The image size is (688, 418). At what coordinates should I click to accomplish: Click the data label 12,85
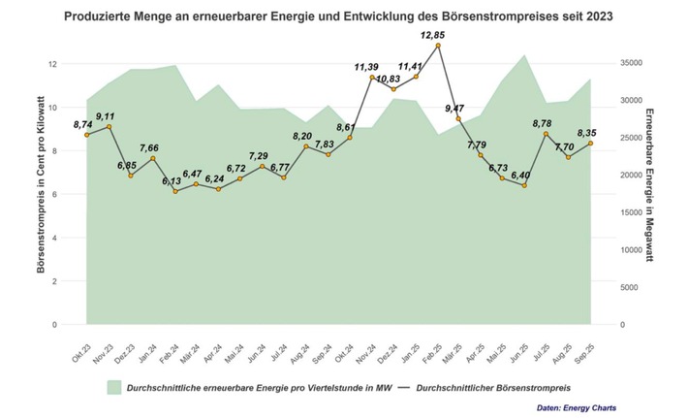pyautogui.click(x=432, y=35)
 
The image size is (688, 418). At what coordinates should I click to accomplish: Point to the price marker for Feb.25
pyautogui.click(x=438, y=46)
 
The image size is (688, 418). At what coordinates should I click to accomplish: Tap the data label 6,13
pyautogui.click(x=172, y=181)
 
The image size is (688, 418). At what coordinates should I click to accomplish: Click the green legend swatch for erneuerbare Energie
pyautogui.click(x=114, y=386)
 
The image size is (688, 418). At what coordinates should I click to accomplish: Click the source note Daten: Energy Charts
pyautogui.click(x=576, y=407)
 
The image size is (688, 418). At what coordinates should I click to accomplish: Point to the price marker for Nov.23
pyautogui.click(x=109, y=127)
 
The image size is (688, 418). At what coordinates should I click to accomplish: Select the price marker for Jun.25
pyautogui.click(x=524, y=185)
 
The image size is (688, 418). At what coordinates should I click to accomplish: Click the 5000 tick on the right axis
pyautogui.click(x=627, y=287)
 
